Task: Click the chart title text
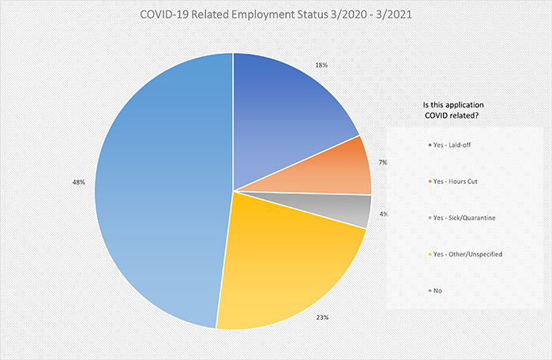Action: coord(276,13)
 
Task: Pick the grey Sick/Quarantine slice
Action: coord(347,207)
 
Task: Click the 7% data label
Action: coord(381,162)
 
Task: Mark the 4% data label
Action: coord(383,214)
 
